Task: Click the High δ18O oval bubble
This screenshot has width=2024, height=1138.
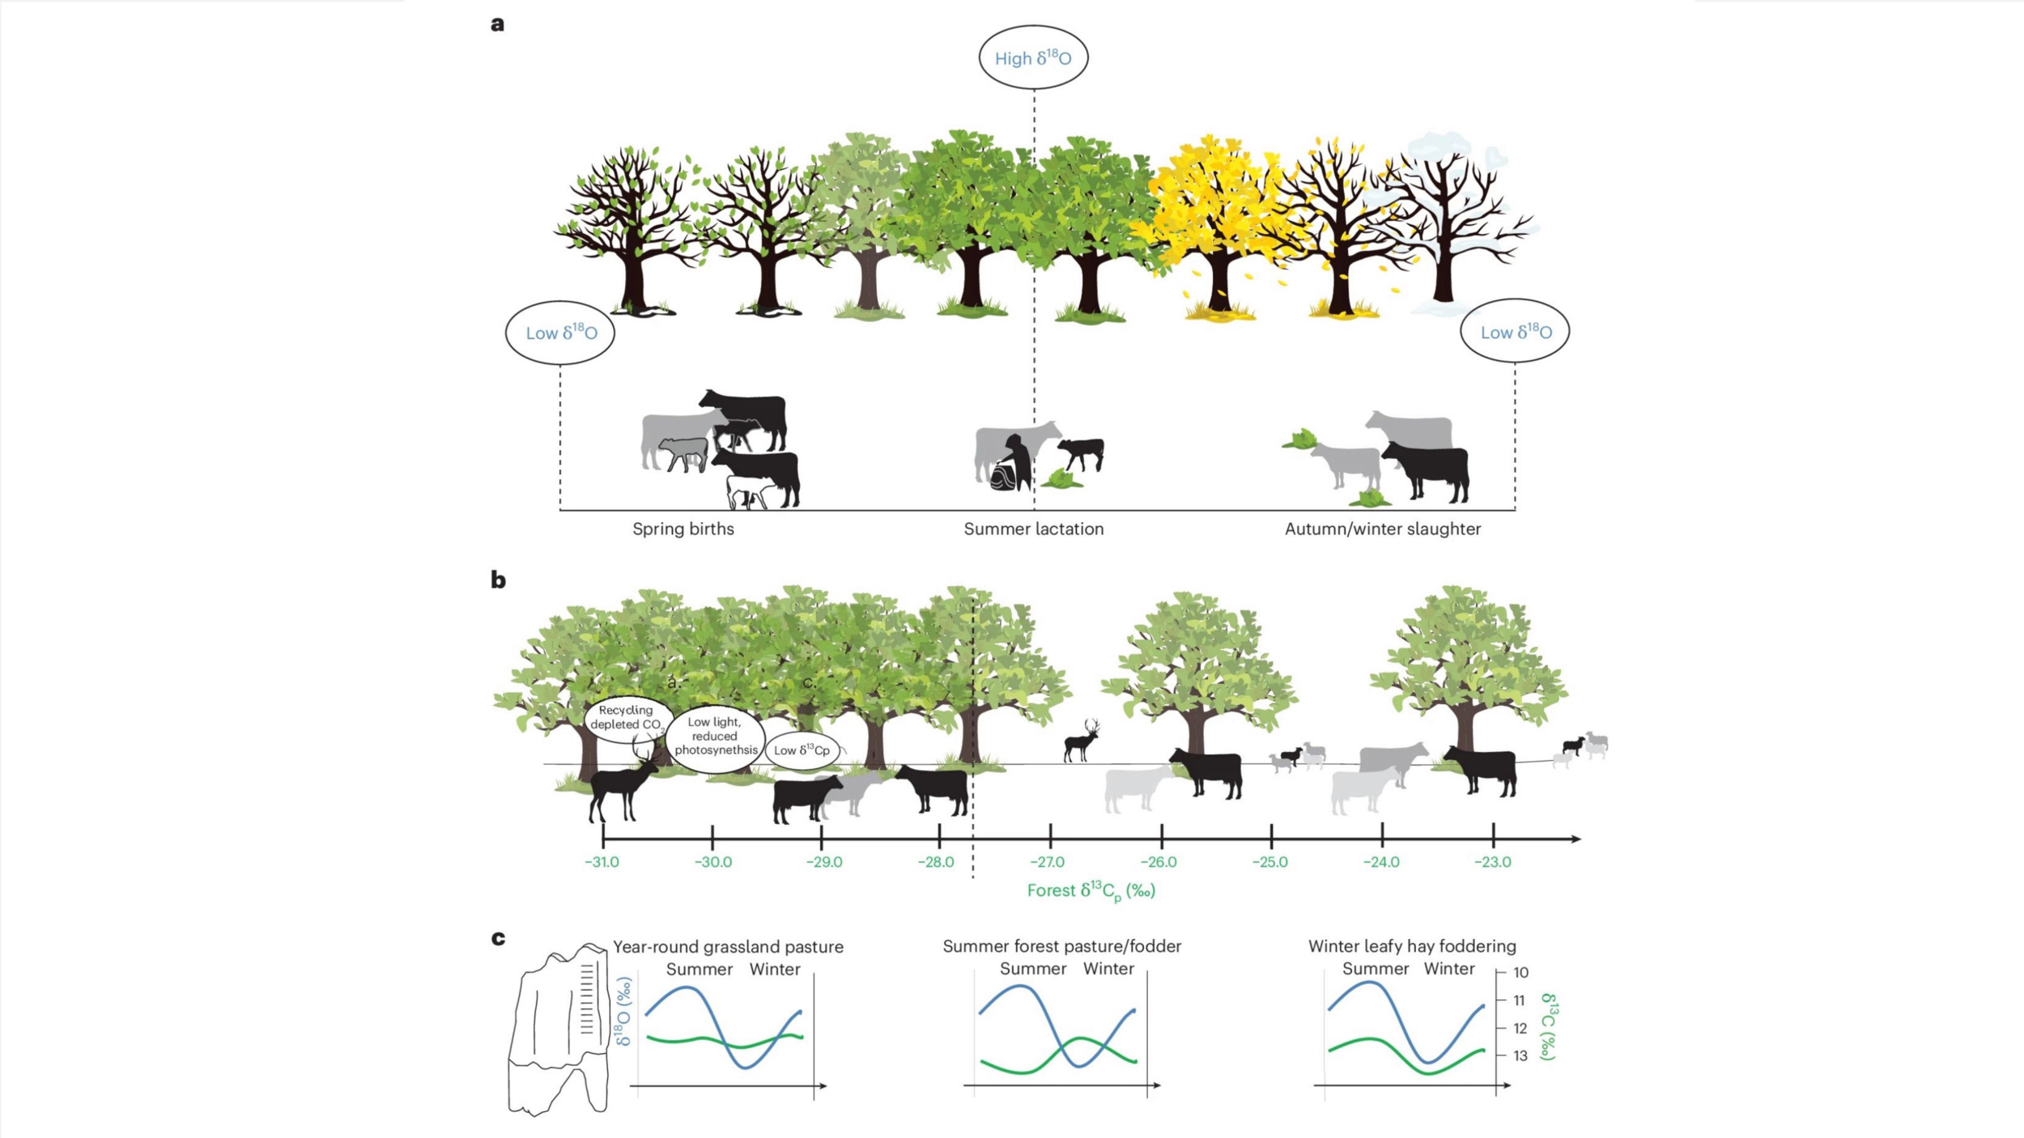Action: coord(1033,57)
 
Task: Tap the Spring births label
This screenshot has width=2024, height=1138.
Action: coord(683,529)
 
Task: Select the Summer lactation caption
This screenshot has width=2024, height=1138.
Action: coord(1034,529)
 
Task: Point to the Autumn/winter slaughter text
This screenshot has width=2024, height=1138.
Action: coord(1383,529)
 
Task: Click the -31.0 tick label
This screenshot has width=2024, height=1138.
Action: coord(602,862)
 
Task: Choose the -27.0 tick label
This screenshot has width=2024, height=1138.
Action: coord(1048,862)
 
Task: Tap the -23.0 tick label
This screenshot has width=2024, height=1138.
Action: coord(1492,862)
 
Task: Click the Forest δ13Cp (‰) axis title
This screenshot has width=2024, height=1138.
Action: coord(1091,891)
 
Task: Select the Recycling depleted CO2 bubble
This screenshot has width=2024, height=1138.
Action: coord(627,719)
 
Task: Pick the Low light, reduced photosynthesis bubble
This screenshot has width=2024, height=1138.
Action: coord(715,737)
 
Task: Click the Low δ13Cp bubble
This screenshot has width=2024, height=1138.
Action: coord(802,750)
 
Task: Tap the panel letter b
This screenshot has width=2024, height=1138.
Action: coord(498,580)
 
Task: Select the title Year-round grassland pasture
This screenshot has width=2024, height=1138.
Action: coord(728,947)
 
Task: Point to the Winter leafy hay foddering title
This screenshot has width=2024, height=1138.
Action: coord(1412,946)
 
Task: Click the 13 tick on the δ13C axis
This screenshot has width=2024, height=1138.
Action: coord(1520,1055)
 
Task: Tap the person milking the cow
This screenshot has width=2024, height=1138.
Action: coord(1012,463)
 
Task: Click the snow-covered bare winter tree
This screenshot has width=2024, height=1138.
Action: coord(1449,219)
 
